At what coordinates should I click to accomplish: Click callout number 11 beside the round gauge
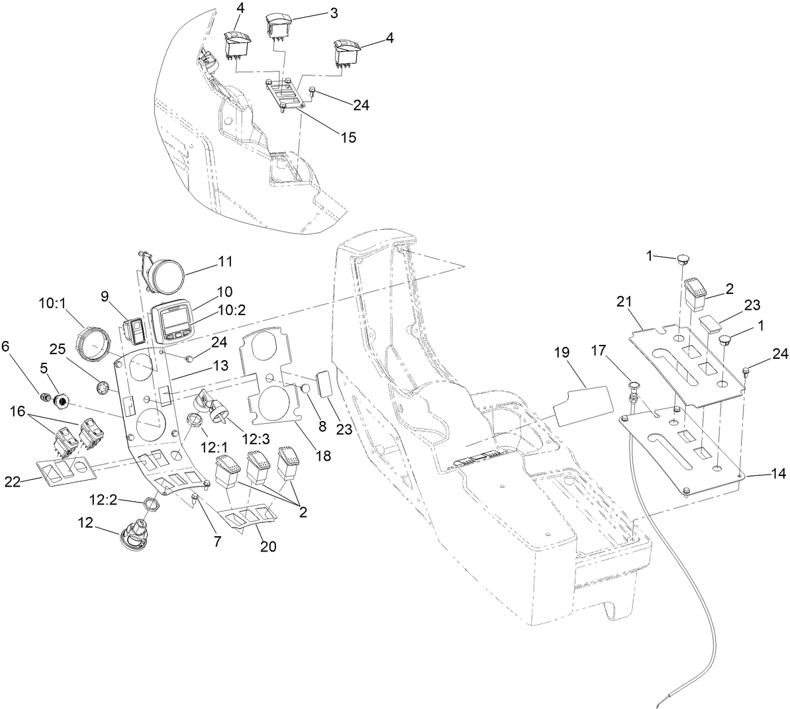(225, 261)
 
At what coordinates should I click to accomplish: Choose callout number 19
(562, 354)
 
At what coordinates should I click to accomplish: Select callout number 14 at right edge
(778, 474)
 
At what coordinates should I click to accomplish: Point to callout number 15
(348, 137)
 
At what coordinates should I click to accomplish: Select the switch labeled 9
(134, 330)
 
